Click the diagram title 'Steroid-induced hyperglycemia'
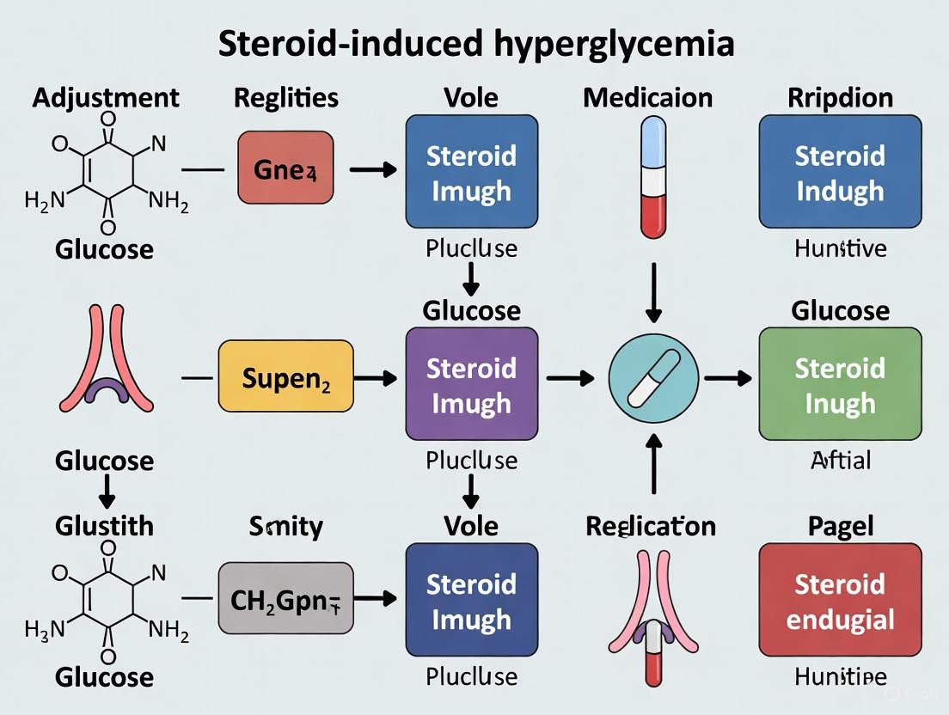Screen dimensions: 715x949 [x=475, y=42]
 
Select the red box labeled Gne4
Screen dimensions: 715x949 [x=285, y=168]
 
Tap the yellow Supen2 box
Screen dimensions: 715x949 [x=285, y=377]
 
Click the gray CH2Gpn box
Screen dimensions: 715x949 [x=285, y=598]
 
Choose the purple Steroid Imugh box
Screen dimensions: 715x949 [x=472, y=385]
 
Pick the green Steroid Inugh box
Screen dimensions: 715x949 [x=840, y=385]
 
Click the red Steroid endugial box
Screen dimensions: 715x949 [x=840, y=601]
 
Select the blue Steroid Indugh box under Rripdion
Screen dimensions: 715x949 [x=840, y=172]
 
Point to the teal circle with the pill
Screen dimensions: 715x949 [x=654, y=378]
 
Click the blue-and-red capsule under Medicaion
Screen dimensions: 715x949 [x=654, y=177]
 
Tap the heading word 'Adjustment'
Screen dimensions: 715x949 [x=106, y=97]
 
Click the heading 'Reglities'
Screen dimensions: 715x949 [x=285, y=97]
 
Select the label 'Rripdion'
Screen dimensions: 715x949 [x=840, y=97]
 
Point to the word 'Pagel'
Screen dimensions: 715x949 [x=840, y=525]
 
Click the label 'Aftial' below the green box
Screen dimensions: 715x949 [x=840, y=461]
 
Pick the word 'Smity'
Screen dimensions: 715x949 [x=285, y=525]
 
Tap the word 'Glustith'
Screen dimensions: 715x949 [x=104, y=525]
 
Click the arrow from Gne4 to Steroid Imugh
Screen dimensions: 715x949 [x=372, y=169]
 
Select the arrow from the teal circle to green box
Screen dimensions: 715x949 [x=726, y=378]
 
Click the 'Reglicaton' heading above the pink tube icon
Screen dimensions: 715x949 [x=651, y=525]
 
